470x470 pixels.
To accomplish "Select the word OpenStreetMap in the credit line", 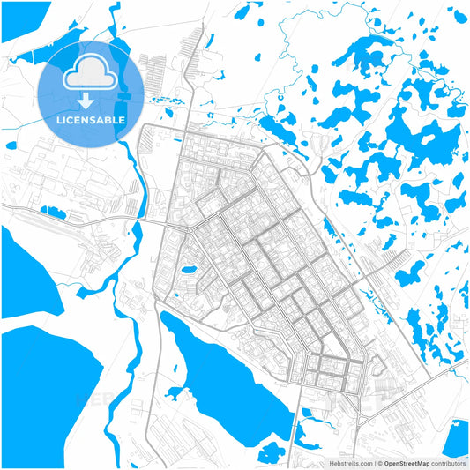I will pos(410,462).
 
